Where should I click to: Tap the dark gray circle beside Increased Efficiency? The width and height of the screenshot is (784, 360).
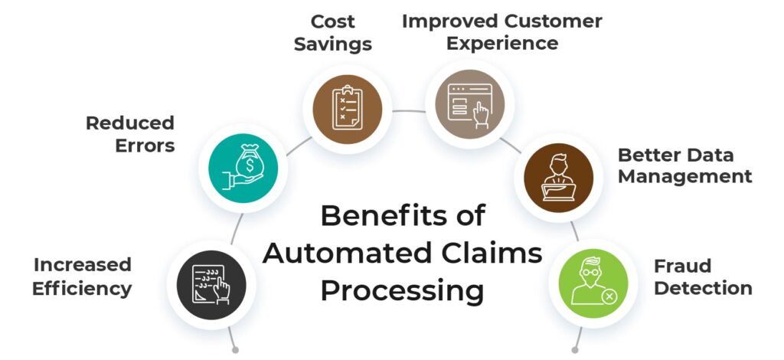[212, 278]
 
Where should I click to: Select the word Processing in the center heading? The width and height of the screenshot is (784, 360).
[402, 291]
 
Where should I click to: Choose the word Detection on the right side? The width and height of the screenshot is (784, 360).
[702, 289]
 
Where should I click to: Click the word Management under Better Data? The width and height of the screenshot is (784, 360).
[684, 177]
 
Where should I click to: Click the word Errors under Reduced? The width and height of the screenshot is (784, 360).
[145, 146]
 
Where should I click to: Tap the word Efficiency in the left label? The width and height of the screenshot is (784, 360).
[83, 289]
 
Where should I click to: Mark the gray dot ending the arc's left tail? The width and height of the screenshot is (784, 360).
[235, 350]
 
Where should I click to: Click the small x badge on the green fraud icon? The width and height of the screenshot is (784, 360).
[609, 296]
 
